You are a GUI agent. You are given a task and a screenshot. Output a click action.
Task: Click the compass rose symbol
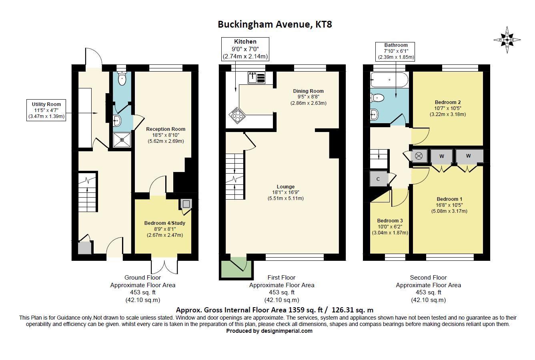click(507, 40)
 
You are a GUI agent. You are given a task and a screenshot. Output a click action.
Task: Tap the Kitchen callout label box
click(245, 49)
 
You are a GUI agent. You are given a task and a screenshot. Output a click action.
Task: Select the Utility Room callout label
click(46, 110)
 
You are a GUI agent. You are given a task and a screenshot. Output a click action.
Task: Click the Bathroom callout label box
click(396, 51)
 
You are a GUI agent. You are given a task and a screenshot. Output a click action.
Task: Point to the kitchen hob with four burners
click(237, 116)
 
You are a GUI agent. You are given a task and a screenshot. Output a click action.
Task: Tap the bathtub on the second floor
click(389, 80)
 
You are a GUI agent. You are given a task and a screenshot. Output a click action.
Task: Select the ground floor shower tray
click(122, 140)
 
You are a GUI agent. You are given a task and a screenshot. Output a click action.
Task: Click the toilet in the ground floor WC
click(122, 78)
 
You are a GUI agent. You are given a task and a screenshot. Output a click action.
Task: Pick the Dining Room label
click(309, 97)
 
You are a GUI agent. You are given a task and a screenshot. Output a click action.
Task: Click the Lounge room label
click(286, 192)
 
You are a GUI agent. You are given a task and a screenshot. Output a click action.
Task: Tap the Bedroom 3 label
click(390, 226)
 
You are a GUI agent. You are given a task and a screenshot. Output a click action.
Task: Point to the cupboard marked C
click(378, 179)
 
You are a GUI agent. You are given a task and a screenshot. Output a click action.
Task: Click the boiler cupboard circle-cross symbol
click(419, 156)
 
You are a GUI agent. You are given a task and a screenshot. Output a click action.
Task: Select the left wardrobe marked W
click(442, 156)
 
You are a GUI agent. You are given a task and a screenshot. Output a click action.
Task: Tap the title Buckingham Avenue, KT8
click(275, 24)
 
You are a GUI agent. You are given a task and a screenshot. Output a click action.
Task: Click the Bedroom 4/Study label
click(165, 229)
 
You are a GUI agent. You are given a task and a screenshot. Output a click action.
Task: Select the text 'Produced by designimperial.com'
click(269, 331)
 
